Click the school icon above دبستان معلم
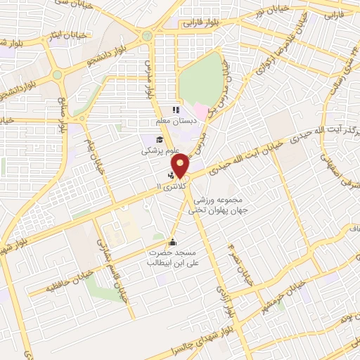176,109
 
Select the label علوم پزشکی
158,150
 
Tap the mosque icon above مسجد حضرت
173,243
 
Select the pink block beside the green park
202,112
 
